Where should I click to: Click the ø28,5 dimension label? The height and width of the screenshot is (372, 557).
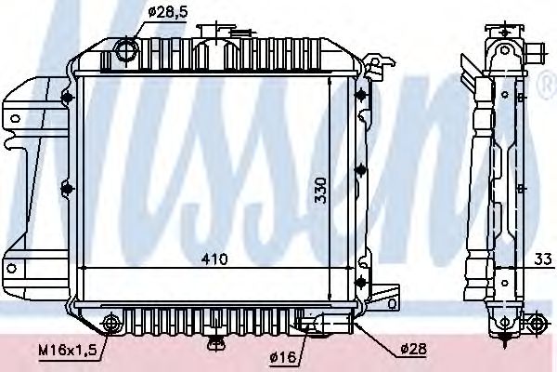(169, 12)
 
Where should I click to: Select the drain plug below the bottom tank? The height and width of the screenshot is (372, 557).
(217, 342)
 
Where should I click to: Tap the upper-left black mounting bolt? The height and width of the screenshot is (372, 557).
(67, 100)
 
